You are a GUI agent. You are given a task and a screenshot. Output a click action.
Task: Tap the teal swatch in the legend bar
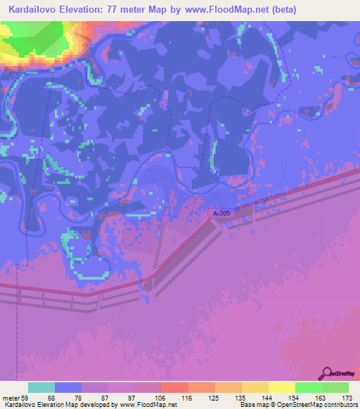41,387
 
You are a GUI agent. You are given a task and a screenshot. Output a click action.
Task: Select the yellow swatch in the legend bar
282,387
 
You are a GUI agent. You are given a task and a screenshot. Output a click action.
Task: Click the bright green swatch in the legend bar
309,387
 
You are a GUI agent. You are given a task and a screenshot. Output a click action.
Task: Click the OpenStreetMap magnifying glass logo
326,373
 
